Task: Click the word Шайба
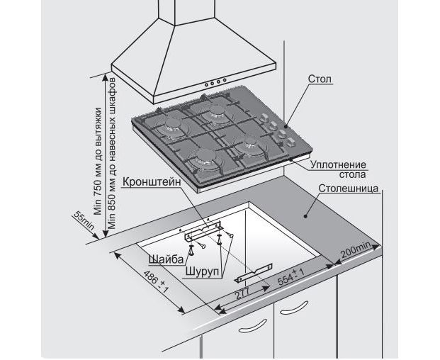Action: (x=164, y=257)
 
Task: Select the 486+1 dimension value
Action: (x=154, y=283)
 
